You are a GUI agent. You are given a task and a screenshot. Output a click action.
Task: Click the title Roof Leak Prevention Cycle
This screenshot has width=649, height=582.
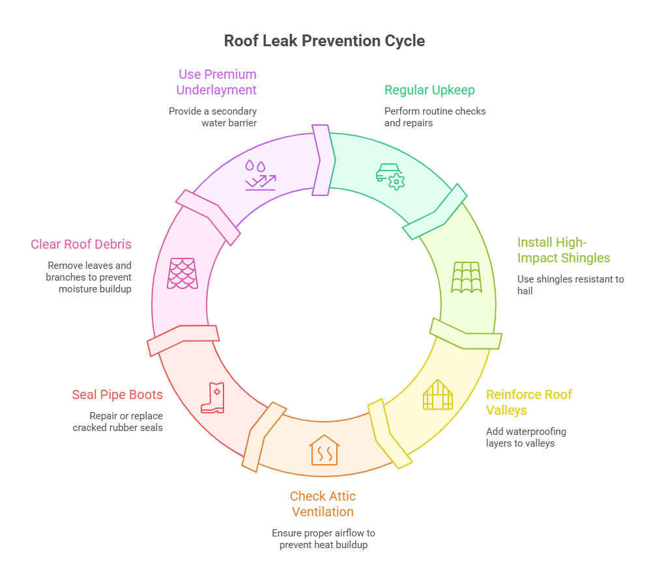tap(324, 41)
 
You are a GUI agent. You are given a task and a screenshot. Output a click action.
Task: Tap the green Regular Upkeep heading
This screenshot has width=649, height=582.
tap(429, 90)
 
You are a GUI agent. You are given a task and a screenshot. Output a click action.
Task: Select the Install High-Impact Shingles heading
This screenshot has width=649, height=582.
tap(564, 250)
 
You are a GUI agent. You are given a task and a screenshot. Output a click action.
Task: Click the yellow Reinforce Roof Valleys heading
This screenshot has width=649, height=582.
tap(529, 402)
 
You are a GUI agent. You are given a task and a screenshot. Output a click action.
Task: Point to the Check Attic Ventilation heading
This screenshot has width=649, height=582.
tap(323, 504)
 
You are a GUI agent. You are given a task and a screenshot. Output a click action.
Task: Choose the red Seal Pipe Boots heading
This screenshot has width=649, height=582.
tap(117, 395)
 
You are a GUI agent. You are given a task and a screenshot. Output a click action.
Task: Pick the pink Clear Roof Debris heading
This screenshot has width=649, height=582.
tap(81, 245)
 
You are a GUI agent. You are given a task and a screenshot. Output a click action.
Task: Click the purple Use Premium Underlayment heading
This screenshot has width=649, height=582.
tap(217, 82)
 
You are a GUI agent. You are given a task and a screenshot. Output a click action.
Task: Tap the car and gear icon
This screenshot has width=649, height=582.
tap(390, 176)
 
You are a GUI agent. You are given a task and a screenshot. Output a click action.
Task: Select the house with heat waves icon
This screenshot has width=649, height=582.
tap(324, 450)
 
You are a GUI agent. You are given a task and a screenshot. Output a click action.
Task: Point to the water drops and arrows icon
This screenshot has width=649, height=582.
tap(259, 175)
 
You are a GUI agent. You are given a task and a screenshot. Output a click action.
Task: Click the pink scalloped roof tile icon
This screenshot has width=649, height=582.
tap(183, 273)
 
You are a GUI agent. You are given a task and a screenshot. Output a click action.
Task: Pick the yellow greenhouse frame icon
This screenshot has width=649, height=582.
tap(437, 395)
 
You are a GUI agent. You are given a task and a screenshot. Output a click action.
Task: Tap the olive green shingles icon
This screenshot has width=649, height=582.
tap(467, 277)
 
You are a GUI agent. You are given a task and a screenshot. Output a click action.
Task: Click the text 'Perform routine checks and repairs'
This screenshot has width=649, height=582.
tap(435, 117)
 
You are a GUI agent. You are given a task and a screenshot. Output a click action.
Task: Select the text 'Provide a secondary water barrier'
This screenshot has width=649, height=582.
tap(212, 117)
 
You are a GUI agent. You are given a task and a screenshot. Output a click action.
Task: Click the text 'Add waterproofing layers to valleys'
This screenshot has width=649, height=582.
tap(526, 437)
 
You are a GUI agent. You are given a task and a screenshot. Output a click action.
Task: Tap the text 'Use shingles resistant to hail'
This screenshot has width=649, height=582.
tap(570, 285)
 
